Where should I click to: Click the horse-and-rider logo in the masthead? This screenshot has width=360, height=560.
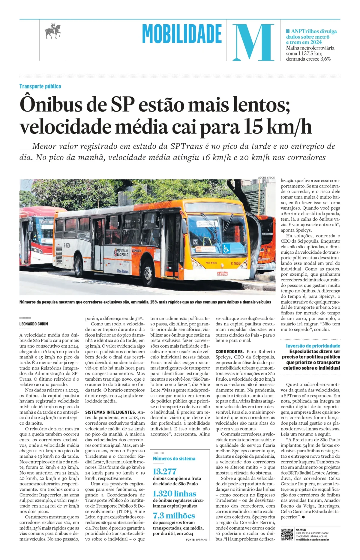click(x=53, y=31)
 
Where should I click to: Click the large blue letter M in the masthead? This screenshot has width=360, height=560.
click(x=253, y=42)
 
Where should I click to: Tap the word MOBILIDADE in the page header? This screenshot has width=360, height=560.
click(x=182, y=34)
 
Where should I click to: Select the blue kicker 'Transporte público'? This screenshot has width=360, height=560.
click(x=40, y=86)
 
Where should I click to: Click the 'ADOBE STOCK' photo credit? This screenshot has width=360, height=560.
click(x=266, y=178)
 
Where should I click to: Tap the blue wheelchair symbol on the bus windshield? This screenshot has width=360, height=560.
click(x=226, y=249)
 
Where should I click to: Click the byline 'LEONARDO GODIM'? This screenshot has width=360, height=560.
click(x=34, y=324)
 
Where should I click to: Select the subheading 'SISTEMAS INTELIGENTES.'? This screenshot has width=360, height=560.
click(x=110, y=412)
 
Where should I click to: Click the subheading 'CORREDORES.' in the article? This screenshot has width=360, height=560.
click(x=229, y=352)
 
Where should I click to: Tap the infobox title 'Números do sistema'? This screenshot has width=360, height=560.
click(x=174, y=459)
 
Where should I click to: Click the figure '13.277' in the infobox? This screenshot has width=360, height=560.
click(x=165, y=471)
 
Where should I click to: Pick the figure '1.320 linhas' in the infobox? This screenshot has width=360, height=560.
click(x=174, y=493)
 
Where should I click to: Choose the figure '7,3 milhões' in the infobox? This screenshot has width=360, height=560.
click(x=174, y=516)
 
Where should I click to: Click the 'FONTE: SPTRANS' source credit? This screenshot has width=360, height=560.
click(x=196, y=540)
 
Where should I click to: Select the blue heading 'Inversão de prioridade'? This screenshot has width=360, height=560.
click(x=313, y=346)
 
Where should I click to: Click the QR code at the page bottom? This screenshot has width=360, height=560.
click(x=286, y=535)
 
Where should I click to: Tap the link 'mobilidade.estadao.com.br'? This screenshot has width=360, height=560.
click(x=312, y=540)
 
